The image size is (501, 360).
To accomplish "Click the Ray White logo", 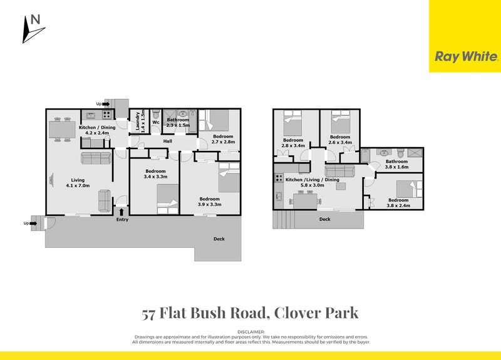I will [x=466, y=56].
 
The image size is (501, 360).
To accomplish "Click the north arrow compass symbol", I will [x=32, y=28].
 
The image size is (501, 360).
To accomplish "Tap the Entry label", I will [x=122, y=219].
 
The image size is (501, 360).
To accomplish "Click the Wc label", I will [x=155, y=122].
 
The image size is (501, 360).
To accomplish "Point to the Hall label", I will [x=168, y=141].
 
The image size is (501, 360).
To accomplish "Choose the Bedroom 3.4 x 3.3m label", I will [x=155, y=175].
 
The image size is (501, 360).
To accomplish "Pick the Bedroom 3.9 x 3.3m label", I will [x=209, y=202].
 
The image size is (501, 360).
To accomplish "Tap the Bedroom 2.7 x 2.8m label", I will [x=222, y=139].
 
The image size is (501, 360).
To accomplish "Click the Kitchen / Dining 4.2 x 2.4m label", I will [x=93, y=130].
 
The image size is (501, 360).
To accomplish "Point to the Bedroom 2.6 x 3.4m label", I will [x=339, y=140].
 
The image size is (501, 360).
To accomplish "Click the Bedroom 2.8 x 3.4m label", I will [x=293, y=143].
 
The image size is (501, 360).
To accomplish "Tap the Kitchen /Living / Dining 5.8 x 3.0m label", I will [x=312, y=183].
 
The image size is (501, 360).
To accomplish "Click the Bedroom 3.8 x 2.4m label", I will [x=397, y=203].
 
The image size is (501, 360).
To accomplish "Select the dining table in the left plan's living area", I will [x=62, y=130].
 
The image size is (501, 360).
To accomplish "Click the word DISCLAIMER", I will [x=250, y=331].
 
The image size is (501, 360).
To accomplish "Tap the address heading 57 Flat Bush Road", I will [x=250, y=313].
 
